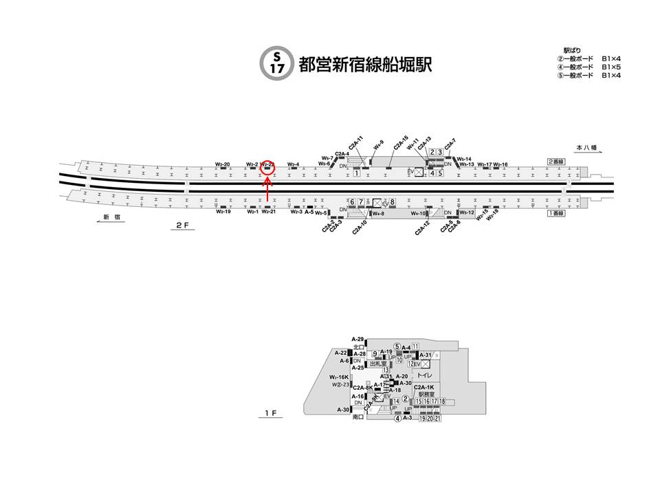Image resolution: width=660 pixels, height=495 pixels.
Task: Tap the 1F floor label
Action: click(272, 413)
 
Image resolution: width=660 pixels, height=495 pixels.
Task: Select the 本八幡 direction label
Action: click(586, 148)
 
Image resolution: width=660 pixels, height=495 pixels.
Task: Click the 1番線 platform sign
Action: click(555, 213)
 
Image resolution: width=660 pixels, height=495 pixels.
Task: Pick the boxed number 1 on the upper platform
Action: click(357, 173)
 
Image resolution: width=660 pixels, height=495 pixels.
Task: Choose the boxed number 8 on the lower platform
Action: click(393, 201)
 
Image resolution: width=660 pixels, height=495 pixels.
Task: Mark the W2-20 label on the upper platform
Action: click(222, 164)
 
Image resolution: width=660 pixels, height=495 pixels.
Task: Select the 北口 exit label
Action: click(357, 346)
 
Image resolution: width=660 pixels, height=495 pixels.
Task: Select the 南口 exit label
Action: click(357, 417)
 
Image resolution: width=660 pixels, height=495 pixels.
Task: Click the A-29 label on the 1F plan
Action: click(357, 340)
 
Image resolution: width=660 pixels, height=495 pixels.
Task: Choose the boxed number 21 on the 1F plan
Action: click(437, 418)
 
